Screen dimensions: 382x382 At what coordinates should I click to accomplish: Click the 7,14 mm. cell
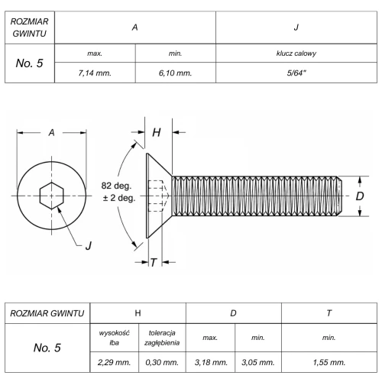pyautogui.click(x=95, y=73)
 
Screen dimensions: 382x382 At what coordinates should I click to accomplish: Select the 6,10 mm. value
pyautogui.click(x=175, y=73)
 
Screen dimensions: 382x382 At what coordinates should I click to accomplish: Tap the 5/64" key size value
pyautogui.click(x=296, y=73)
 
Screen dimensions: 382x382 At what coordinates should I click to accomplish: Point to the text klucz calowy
pyautogui.click(x=296, y=53)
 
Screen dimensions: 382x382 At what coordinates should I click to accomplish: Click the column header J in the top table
pyautogui.click(x=296, y=28)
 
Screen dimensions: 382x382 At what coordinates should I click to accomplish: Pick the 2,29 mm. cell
pyautogui.click(x=114, y=362)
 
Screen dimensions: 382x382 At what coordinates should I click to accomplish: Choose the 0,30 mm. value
pyautogui.click(x=162, y=362)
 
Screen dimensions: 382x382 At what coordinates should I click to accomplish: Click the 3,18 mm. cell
pyautogui.click(x=211, y=362)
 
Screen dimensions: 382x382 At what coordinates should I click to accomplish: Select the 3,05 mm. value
pyautogui.click(x=258, y=362)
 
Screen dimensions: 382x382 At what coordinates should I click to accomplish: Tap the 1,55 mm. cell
pyautogui.click(x=329, y=362)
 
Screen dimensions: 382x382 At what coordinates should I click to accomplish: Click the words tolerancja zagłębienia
pyautogui.click(x=162, y=338)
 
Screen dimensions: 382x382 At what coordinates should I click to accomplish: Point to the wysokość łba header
pyautogui.click(x=114, y=338)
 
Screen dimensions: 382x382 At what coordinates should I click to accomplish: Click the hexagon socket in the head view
pyautogui.click(x=52, y=196)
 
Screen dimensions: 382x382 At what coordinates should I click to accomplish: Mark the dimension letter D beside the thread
pyautogui.click(x=360, y=196)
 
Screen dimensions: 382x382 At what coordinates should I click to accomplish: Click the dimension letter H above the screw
pyautogui.click(x=157, y=132)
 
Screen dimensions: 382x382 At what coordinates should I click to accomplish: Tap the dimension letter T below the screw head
pyautogui.click(x=154, y=262)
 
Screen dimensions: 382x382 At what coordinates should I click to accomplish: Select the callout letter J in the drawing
pyautogui.click(x=89, y=246)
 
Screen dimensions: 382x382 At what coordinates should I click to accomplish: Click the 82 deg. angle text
pyautogui.click(x=116, y=186)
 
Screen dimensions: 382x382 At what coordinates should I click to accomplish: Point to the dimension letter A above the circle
pyautogui.click(x=51, y=132)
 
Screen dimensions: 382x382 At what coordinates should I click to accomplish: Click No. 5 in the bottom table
pyautogui.click(x=47, y=348)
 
